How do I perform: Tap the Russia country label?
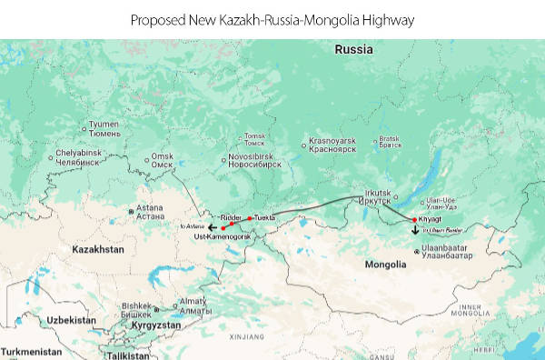coord(352,50)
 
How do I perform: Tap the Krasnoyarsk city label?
coord(332,145)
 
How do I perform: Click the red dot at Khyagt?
coord(414,220)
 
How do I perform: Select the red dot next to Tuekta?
coord(250,218)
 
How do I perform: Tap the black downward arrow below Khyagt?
coord(415,230)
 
